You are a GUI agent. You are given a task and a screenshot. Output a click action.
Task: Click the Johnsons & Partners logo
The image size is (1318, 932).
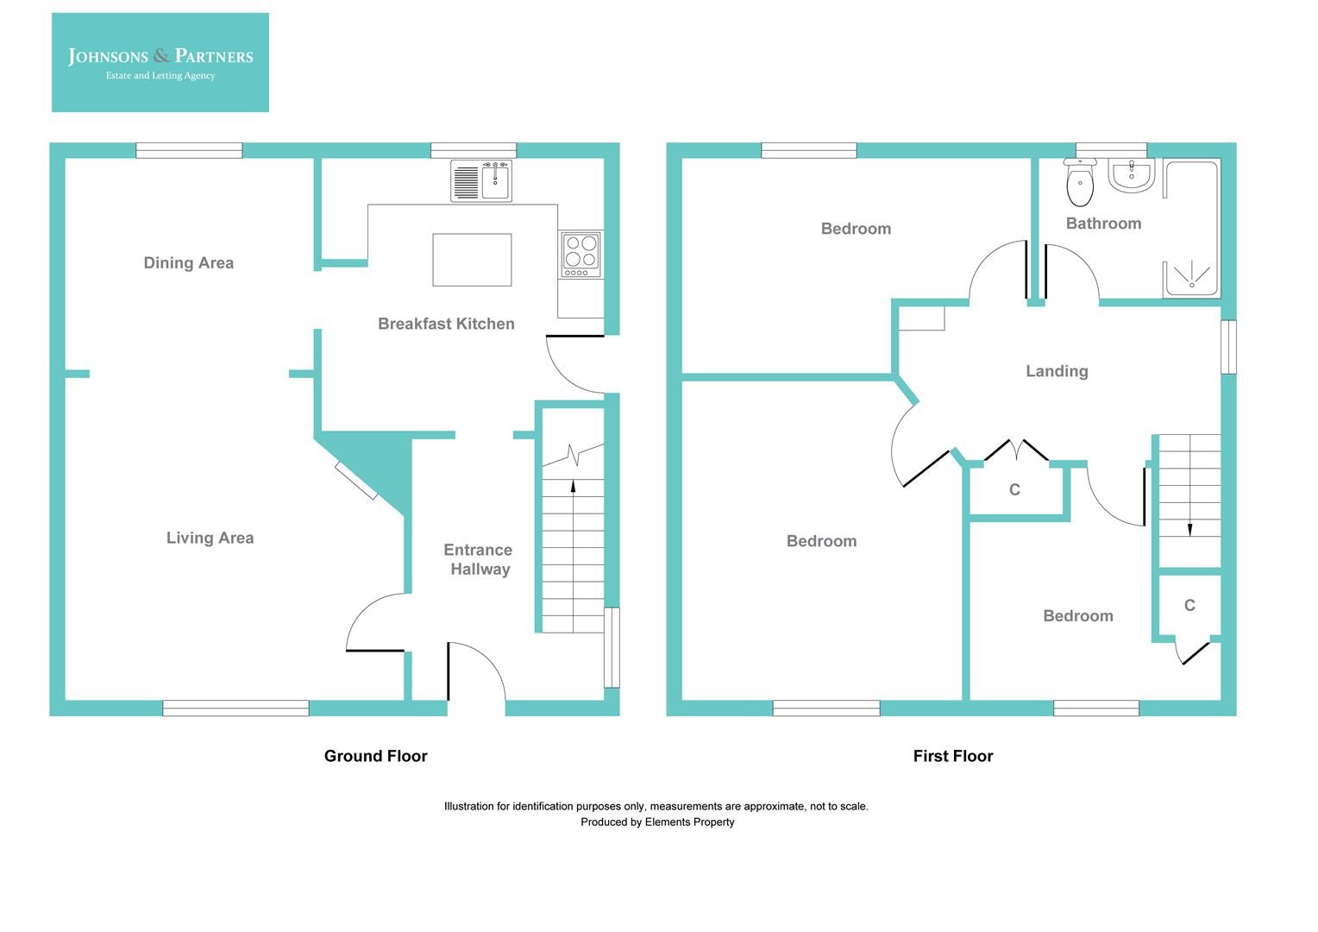pyautogui.click(x=160, y=62)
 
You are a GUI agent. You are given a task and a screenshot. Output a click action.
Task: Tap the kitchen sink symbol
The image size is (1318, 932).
pyautogui.click(x=481, y=181)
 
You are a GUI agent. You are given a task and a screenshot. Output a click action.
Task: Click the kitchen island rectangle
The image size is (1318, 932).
pyautogui.click(x=472, y=260)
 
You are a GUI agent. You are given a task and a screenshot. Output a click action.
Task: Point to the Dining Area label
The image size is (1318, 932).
pyautogui.click(x=188, y=263)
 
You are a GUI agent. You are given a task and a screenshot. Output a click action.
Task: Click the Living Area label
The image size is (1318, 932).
pyautogui.click(x=210, y=538)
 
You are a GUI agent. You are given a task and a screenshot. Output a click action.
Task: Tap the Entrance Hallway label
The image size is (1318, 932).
pyautogui.click(x=479, y=559)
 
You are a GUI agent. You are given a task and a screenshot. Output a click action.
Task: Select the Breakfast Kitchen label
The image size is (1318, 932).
pyautogui.click(x=446, y=324)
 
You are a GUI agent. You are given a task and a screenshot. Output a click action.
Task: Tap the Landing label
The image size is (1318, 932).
pyautogui.click(x=1057, y=371)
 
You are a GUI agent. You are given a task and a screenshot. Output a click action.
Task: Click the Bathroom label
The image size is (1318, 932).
pyautogui.click(x=1103, y=224)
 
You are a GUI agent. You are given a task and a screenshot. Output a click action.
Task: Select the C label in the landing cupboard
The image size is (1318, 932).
pyautogui.click(x=1014, y=490)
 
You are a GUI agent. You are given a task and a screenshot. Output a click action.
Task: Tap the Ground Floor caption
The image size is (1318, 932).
pyautogui.click(x=375, y=756)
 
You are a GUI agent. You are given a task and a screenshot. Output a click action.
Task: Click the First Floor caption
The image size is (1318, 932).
pyautogui.click(x=953, y=756)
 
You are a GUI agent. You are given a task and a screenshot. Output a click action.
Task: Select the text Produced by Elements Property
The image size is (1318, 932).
pyautogui.click(x=657, y=822)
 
